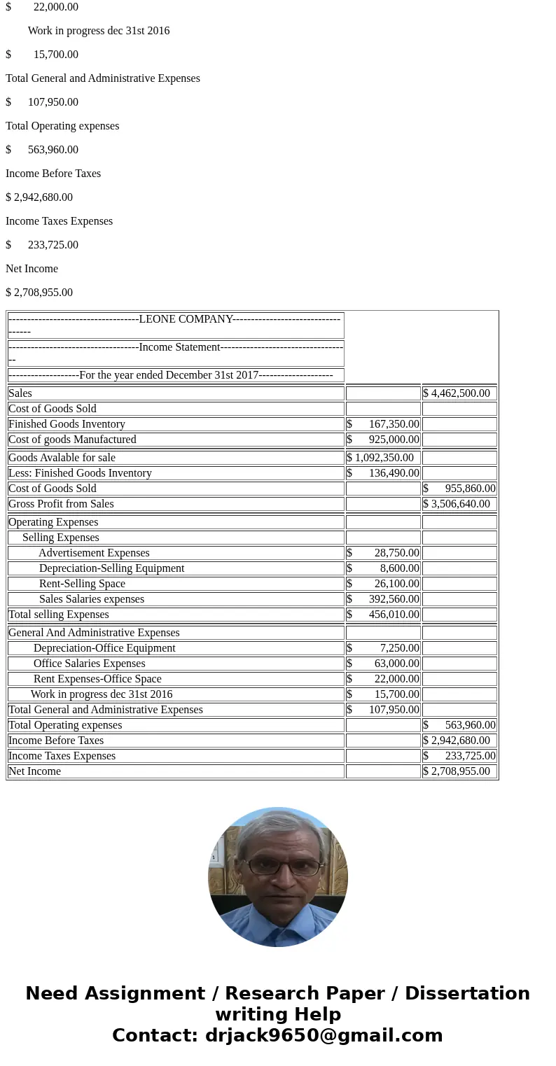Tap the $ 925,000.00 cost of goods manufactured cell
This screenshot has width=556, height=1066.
[383, 440]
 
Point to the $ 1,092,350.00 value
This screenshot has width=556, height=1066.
[380, 458]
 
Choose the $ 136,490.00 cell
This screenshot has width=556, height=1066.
[383, 473]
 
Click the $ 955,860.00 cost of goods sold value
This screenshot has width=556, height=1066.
[459, 489]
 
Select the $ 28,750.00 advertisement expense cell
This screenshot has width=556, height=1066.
[383, 553]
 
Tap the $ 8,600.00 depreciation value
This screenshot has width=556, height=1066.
[383, 568]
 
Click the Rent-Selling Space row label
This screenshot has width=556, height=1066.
[82, 584]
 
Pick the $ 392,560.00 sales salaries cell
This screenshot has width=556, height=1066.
[383, 599]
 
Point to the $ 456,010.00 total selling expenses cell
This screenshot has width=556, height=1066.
[383, 615]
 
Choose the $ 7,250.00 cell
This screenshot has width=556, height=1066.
[383, 648]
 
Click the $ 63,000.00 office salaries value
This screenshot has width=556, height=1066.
[383, 664]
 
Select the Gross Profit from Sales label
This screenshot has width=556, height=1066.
[61, 504]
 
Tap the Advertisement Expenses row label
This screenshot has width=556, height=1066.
[94, 553]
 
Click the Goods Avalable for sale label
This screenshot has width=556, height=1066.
[62, 458]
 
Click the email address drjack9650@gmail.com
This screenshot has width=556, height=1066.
[324, 1035]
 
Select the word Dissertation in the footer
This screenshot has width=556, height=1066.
[467, 993]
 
